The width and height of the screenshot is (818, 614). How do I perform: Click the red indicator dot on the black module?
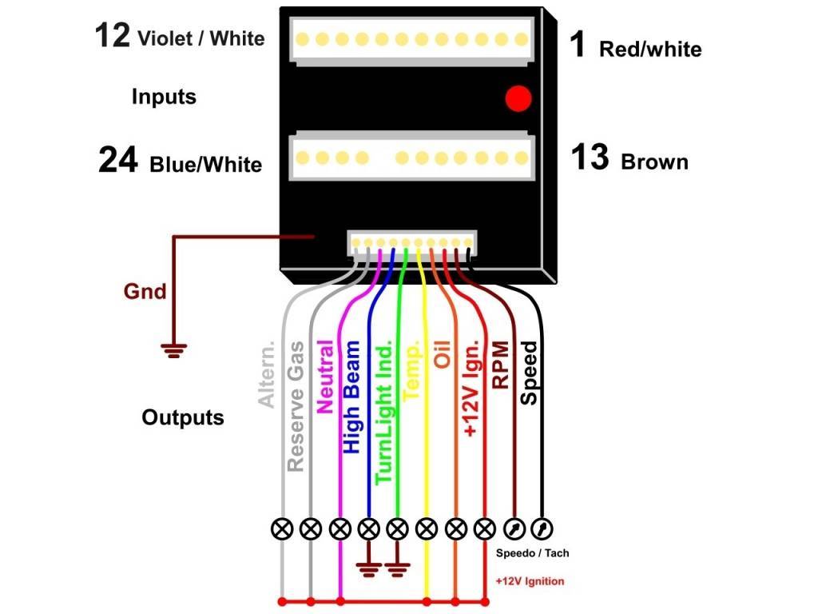point(518,98)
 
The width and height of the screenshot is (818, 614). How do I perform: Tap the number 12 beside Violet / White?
point(112,36)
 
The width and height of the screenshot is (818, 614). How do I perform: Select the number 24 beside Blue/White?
point(117,161)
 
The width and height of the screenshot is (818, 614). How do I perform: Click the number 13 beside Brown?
point(590,157)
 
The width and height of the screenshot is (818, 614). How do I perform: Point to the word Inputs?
point(164,98)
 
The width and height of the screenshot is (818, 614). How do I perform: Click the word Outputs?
point(183,417)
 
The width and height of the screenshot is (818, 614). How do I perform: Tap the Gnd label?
point(145,292)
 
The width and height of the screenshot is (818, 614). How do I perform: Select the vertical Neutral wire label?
point(325,376)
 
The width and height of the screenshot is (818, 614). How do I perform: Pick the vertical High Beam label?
point(352,397)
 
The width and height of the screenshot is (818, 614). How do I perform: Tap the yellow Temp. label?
point(413,371)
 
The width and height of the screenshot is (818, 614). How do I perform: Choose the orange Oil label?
point(442,353)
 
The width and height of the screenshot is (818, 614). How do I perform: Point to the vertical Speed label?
point(528,373)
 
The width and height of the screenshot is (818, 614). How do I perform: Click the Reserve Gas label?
point(296,406)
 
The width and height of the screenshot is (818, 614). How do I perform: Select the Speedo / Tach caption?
point(532,553)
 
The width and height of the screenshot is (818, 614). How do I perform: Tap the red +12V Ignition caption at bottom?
point(529,581)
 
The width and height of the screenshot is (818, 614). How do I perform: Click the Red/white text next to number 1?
point(649,50)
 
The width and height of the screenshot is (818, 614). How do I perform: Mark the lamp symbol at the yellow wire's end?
point(427,528)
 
